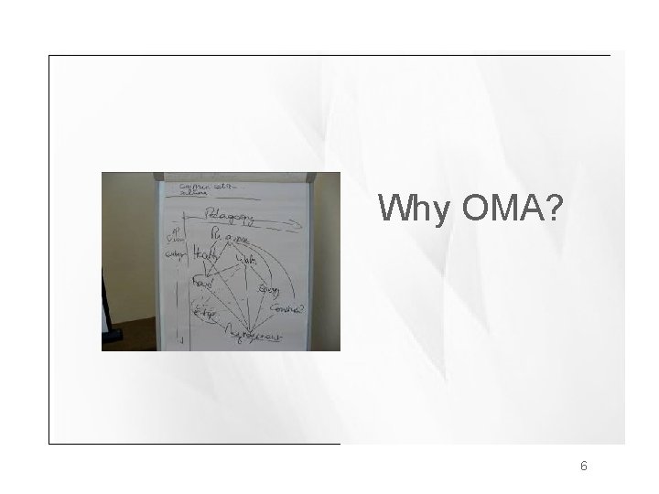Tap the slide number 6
coord(583,466)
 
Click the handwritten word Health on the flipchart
coord(204,259)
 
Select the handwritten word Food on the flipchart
coord(201,286)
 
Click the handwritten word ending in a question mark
coord(288,311)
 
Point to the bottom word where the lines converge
coord(255,337)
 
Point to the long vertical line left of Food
coord(187,284)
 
